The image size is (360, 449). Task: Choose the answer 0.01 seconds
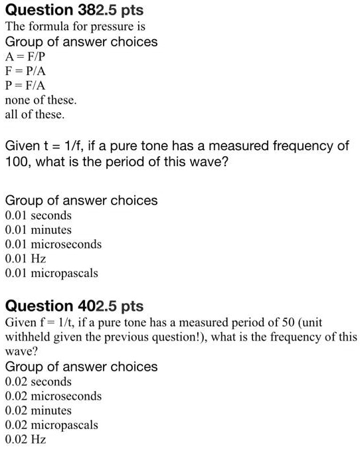[x=38, y=215]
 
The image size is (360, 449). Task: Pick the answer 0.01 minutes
[x=38, y=230]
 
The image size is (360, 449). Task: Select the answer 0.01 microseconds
[x=53, y=244]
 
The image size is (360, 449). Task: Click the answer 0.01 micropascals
[x=51, y=273]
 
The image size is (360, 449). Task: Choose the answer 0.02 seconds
[x=38, y=382]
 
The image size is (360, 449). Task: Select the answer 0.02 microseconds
[x=53, y=397]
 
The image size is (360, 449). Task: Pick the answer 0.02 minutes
[x=38, y=410]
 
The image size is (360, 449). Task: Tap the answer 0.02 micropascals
[x=51, y=425]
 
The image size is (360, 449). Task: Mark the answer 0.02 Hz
[x=25, y=439]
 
